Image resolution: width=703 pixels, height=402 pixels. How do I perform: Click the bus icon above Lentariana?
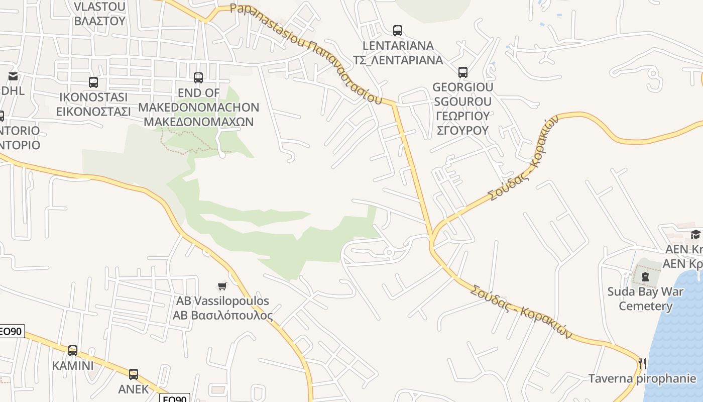click(398, 31)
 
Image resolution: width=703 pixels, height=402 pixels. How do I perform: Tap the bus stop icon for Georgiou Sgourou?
click(463, 72)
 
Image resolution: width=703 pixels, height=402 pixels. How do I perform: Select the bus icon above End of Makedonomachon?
click(198, 78)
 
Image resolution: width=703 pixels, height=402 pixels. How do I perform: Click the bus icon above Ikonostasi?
click(93, 82)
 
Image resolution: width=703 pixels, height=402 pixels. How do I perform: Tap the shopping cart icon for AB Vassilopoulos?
click(222, 286)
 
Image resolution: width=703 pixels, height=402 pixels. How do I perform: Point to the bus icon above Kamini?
click(73, 351)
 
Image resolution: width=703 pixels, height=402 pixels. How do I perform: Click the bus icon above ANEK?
click(134, 374)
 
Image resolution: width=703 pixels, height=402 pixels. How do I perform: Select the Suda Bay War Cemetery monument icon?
click(645, 276)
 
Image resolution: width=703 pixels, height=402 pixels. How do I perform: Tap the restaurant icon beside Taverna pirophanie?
click(642, 363)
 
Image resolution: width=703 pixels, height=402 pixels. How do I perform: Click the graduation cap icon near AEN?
click(695, 234)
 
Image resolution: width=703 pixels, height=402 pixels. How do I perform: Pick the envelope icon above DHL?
click(13, 76)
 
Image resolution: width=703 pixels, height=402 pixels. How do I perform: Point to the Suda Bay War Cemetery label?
click(645, 298)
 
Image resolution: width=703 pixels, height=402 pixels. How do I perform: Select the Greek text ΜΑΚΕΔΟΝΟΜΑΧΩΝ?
click(199, 122)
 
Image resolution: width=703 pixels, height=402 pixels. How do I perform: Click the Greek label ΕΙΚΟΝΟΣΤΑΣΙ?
click(93, 111)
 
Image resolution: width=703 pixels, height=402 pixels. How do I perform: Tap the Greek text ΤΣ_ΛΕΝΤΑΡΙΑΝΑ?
click(398, 60)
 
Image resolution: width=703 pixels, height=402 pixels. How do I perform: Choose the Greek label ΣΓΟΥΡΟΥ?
click(462, 130)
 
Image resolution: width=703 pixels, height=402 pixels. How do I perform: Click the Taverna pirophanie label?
click(642, 378)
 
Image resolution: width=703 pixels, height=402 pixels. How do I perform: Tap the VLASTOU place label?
click(99, 7)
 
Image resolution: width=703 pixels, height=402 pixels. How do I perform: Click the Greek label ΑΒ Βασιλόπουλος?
click(223, 316)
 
